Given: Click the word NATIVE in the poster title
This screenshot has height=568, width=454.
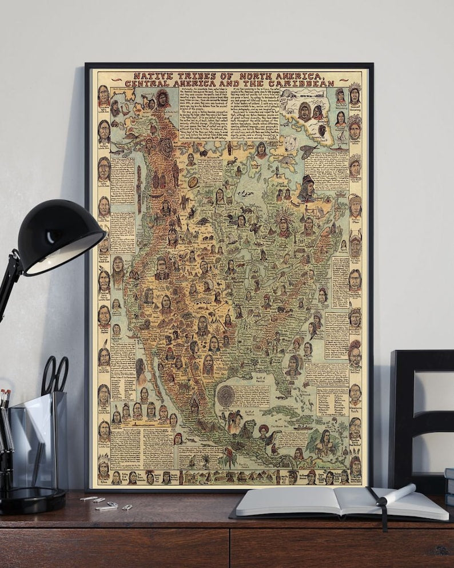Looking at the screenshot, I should (150, 76).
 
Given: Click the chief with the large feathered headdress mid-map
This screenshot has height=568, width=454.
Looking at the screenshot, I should (284, 223).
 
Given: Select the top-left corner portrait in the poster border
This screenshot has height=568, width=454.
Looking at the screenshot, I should (103, 95).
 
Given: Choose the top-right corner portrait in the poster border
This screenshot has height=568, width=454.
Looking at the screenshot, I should (355, 94).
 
